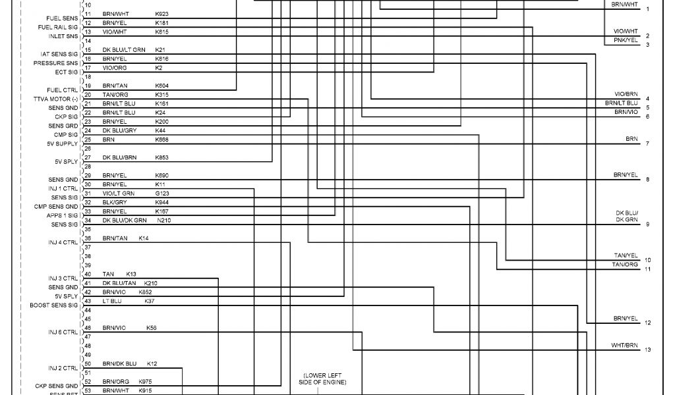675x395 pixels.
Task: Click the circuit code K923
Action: [x=161, y=13]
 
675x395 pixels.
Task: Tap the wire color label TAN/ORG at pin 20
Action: [x=115, y=95]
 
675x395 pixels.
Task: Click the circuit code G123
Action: [x=162, y=194]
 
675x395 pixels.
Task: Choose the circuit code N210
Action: [x=164, y=220]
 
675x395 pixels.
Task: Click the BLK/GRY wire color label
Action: [x=115, y=202]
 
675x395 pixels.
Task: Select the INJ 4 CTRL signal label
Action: [x=63, y=242]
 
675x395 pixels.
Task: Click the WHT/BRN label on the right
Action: [x=624, y=345]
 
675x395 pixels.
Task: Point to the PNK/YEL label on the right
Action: [x=626, y=40]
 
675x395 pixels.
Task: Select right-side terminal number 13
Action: [x=647, y=350]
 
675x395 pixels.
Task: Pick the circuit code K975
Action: [x=145, y=382]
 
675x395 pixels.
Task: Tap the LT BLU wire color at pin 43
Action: [x=112, y=300]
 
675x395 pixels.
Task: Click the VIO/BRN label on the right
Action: [x=626, y=94]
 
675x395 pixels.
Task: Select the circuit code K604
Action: [x=161, y=86]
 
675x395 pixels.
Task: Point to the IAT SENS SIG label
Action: [x=59, y=54]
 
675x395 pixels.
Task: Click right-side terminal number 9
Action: [x=647, y=224]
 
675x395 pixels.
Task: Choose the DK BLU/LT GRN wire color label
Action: [x=124, y=49]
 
